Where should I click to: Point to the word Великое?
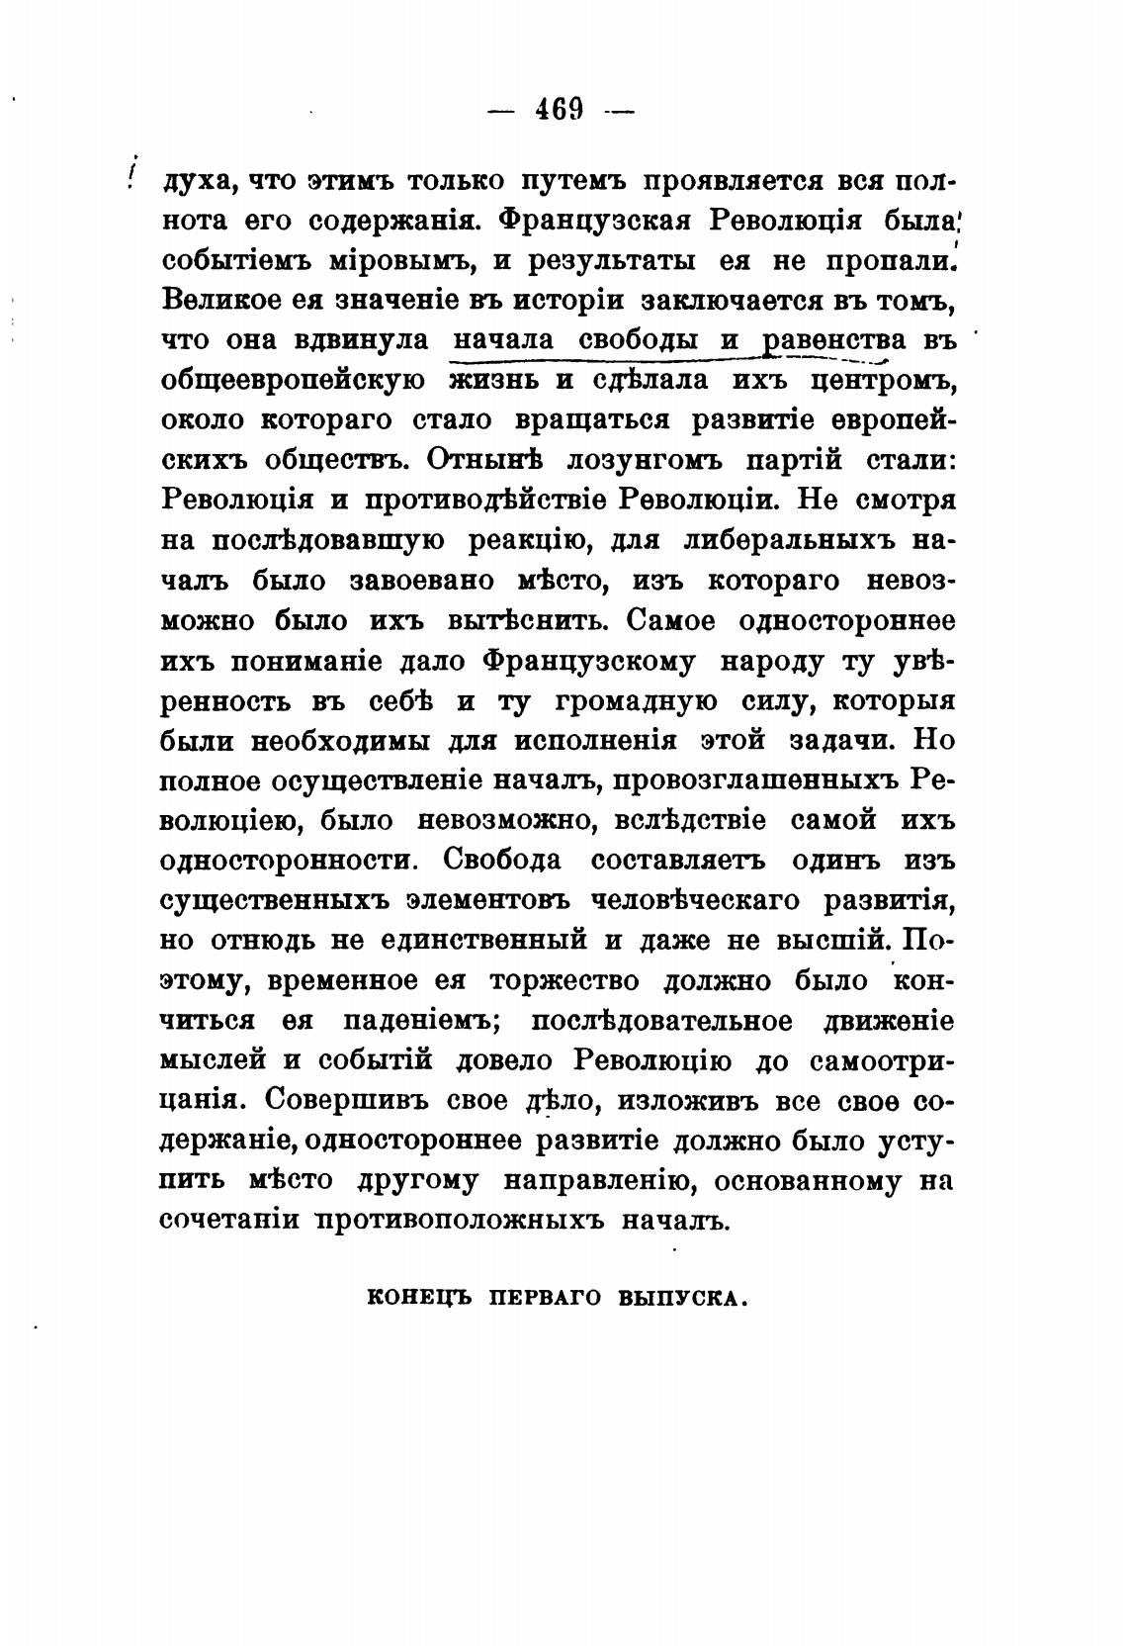pyautogui.click(x=209, y=300)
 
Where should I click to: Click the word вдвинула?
pyautogui.click(x=363, y=340)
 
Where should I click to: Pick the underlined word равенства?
pyautogui.click(x=835, y=340)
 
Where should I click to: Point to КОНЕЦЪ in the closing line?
pyautogui.click(x=418, y=1297)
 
